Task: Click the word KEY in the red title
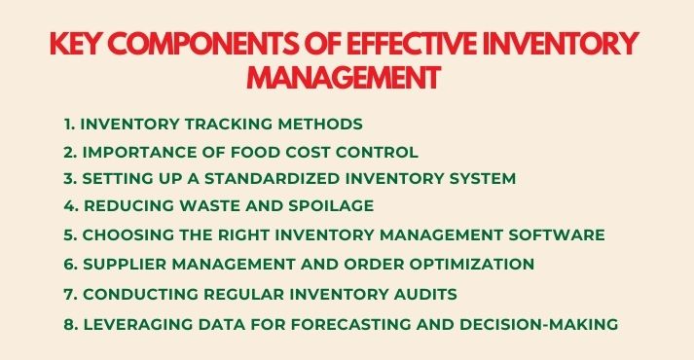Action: pos(81,45)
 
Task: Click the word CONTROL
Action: pos(381,152)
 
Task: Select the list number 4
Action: pos(69,206)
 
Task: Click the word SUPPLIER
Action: pos(123,264)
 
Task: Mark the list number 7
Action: pos(68,293)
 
